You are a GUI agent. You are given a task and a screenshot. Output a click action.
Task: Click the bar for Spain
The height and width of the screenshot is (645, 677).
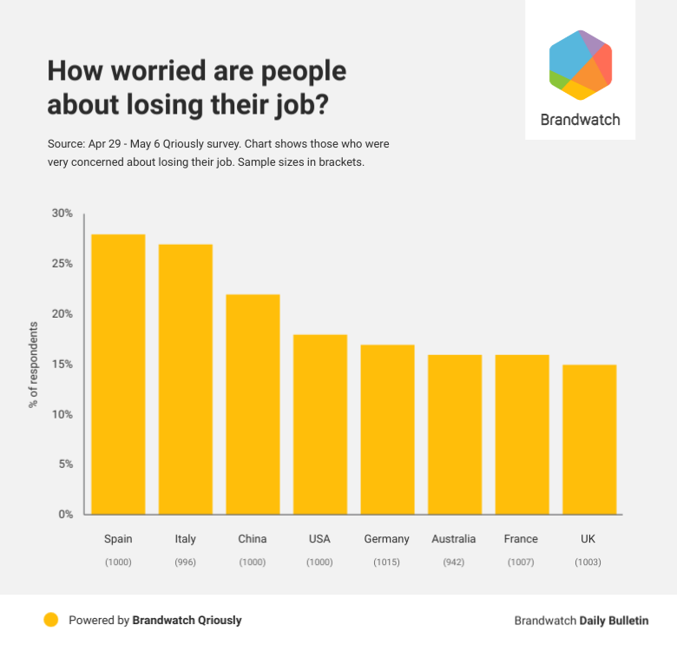118,374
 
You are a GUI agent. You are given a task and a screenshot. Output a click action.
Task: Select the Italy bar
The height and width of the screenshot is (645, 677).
185,379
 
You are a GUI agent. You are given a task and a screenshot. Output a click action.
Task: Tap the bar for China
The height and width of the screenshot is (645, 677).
253,405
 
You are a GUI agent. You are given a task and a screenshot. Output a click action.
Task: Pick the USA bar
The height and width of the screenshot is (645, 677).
319,425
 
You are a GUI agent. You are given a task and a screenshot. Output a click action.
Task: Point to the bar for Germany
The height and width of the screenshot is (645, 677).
387,430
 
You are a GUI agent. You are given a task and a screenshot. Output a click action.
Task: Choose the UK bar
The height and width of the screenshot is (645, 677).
588,439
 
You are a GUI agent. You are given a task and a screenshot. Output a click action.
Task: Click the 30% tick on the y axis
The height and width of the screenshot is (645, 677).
63,214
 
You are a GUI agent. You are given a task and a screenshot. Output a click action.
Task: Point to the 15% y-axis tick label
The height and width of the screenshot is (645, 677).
63,364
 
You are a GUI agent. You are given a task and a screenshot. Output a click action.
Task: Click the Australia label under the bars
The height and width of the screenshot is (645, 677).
454,539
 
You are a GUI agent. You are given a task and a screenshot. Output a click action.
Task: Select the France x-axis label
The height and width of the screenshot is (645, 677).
521,539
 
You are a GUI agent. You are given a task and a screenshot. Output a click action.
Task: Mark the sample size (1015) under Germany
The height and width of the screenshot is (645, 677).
387,563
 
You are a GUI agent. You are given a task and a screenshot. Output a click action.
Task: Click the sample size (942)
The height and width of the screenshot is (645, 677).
454,563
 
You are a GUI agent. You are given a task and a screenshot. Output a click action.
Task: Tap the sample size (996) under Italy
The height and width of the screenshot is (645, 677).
185,563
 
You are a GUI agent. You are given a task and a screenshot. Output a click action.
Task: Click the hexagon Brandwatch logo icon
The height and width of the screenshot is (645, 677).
581,65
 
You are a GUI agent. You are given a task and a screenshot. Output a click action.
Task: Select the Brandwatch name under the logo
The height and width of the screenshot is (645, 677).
581,120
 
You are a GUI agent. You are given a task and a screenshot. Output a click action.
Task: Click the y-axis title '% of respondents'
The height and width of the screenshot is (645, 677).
35,365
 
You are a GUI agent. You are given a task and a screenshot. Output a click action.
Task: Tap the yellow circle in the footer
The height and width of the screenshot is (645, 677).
51,620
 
